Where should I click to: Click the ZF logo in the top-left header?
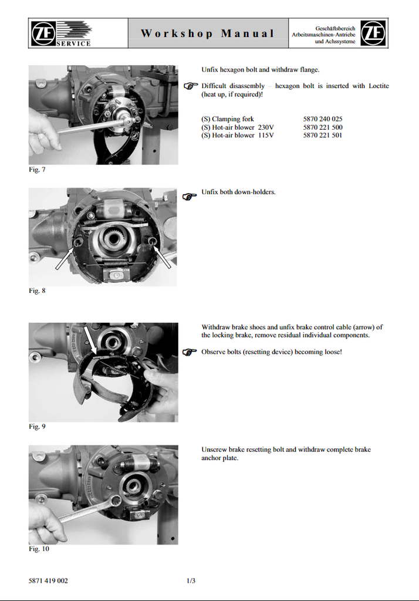click(x=43, y=33)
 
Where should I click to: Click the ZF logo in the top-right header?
click(x=373, y=33)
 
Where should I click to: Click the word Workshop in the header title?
click(x=177, y=33)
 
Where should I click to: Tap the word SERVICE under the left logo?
click(x=73, y=43)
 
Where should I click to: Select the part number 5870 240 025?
click(x=323, y=119)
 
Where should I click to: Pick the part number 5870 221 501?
click(x=323, y=135)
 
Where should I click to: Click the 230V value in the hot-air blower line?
click(x=266, y=127)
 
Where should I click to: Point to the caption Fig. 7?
click(x=37, y=170)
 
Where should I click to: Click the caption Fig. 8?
click(x=37, y=291)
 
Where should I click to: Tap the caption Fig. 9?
click(x=37, y=426)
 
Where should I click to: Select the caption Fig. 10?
click(x=39, y=549)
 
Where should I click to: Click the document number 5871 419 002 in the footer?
click(x=48, y=580)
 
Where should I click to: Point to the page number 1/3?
click(x=191, y=580)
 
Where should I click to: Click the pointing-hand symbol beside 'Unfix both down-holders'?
click(x=190, y=197)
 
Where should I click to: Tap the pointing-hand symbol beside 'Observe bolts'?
click(x=190, y=352)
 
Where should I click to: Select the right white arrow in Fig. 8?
click(x=163, y=257)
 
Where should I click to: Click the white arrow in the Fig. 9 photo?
click(x=89, y=340)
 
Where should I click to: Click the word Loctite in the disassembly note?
click(x=379, y=86)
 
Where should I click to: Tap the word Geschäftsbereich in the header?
click(x=336, y=28)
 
